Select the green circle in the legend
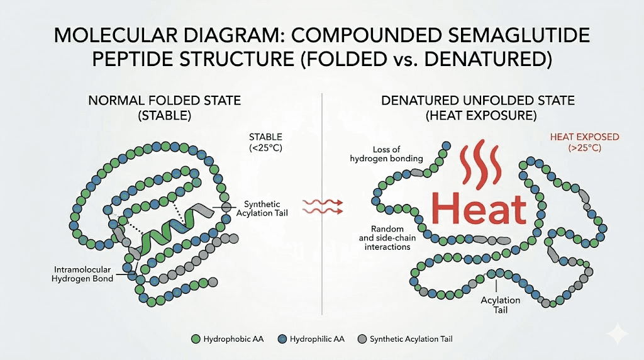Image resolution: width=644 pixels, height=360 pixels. pyautogui.click(x=195, y=339)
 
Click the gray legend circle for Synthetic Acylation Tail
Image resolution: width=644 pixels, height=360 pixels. pyautogui.click(x=360, y=339)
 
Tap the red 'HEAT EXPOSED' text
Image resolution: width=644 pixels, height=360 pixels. pyautogui.click(x=584, y=137)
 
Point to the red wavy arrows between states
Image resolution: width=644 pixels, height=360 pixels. pyautogui.click(x=323, y=206)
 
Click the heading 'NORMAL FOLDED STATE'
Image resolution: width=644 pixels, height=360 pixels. pyautogui.click(x=164, y=101)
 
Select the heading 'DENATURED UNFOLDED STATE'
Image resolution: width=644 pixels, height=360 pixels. pyautogui.click(x=479, y=101)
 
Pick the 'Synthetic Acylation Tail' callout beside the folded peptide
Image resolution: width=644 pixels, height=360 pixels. pyautogui.click(x=268, y=208)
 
